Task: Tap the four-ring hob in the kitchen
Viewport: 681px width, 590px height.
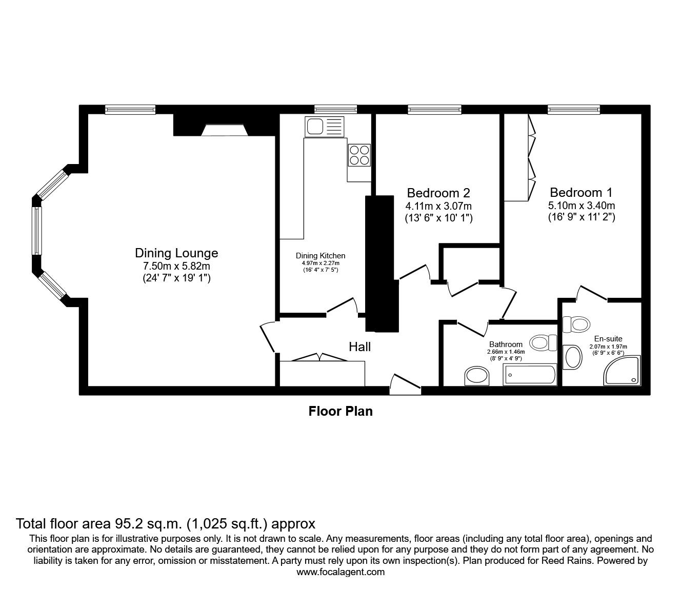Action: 359,155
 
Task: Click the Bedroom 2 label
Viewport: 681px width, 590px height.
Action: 438,193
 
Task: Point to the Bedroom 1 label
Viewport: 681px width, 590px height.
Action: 581,193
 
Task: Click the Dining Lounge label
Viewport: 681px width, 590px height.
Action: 176,253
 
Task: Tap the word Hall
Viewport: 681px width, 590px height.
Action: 359,347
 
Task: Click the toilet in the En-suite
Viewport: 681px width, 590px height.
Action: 575,324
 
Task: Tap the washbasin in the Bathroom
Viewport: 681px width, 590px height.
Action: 477,376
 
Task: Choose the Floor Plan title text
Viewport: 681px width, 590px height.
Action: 341,411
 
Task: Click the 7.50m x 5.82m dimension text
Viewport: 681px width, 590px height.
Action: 176,266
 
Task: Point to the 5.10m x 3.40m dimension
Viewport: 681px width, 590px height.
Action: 581,206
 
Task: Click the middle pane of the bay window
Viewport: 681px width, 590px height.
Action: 36,231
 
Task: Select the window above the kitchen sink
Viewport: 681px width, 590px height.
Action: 335,109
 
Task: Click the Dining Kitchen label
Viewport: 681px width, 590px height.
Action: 321,255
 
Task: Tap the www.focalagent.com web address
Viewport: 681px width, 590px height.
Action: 341,572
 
